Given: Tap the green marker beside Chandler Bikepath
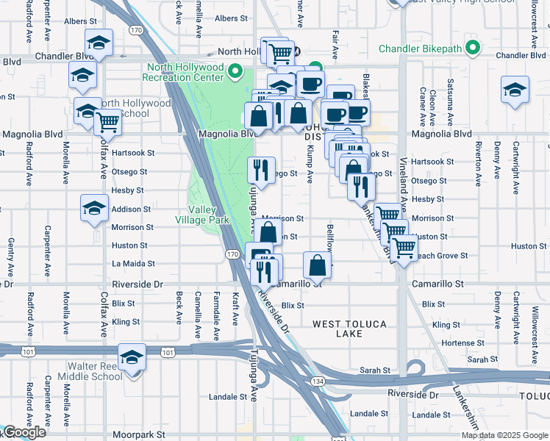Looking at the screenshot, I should click(x=473, y=49).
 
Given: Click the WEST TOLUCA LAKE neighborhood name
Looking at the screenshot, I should click(x=348, y=329).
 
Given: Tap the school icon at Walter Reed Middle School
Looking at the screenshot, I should click(x=132, y=357).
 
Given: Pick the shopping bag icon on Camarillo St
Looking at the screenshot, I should click(x=317, y=265).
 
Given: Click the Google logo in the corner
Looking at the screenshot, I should click(x=24, y=433).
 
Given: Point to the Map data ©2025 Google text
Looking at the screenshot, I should click(x=504, y=435).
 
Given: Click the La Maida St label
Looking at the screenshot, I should click(x=133, y=263).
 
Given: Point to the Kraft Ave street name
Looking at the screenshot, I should click(x=236, y=308).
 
